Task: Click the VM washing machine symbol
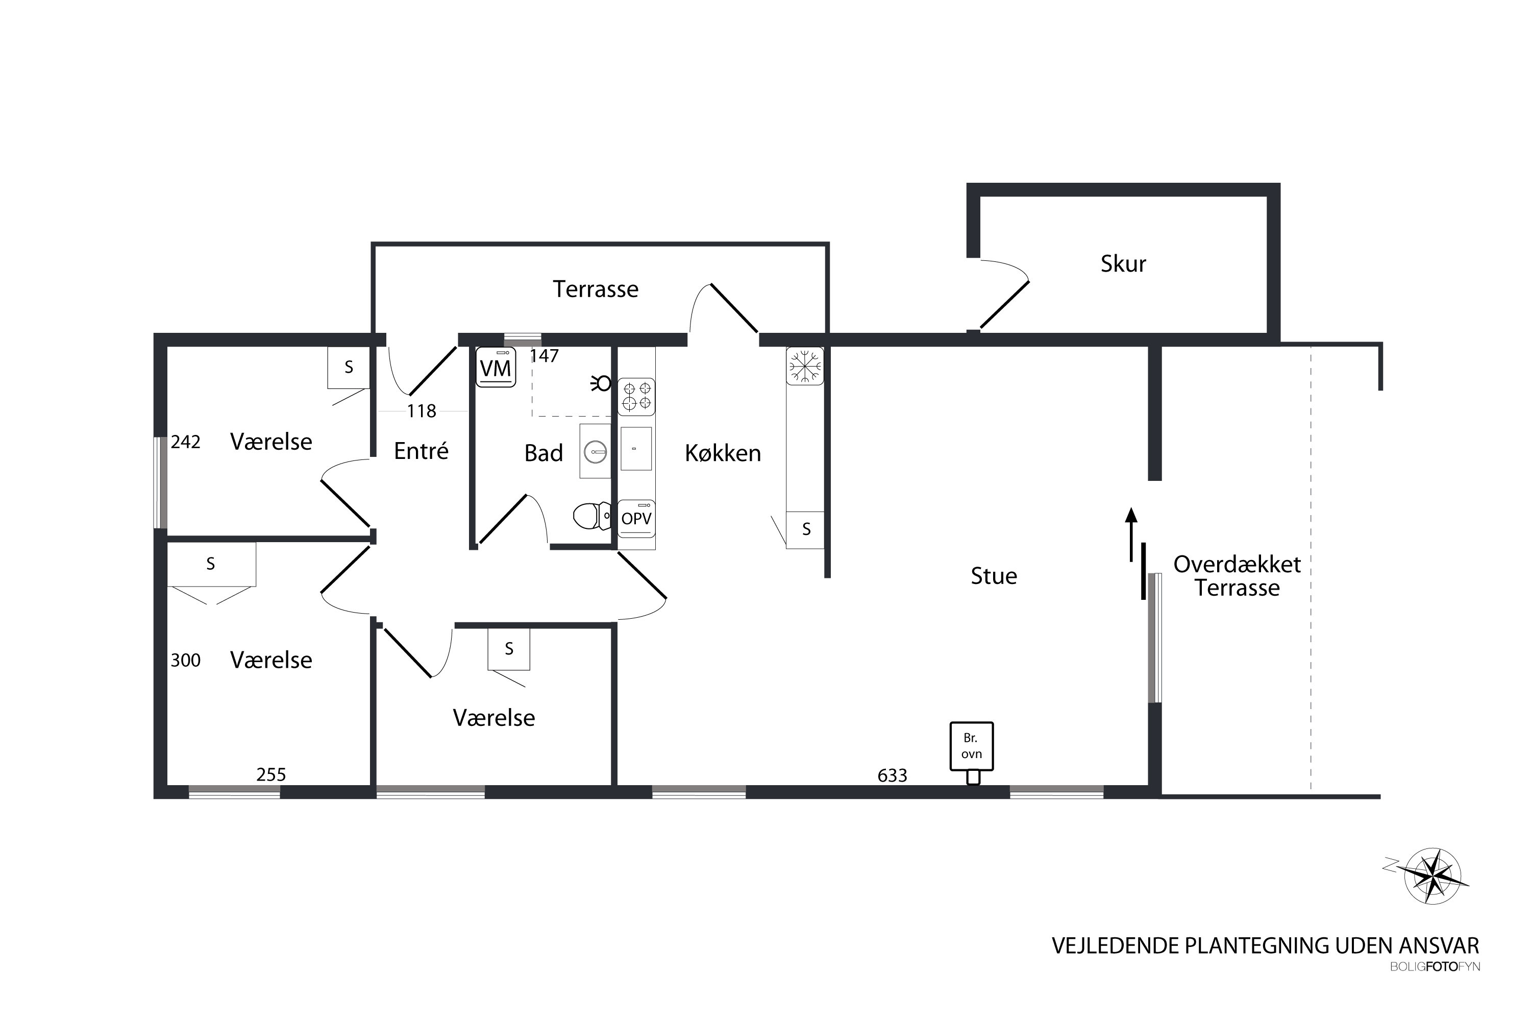496,367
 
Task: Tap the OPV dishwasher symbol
636,518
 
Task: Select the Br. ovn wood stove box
971,746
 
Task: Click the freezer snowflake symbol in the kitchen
805,366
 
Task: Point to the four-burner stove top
636,396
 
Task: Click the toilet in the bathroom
591,516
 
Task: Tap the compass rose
1433,877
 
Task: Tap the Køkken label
723,453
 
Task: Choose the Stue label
993,576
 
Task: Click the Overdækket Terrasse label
1237,576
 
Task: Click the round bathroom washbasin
595,451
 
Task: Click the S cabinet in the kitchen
806,529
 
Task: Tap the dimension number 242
186,442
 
